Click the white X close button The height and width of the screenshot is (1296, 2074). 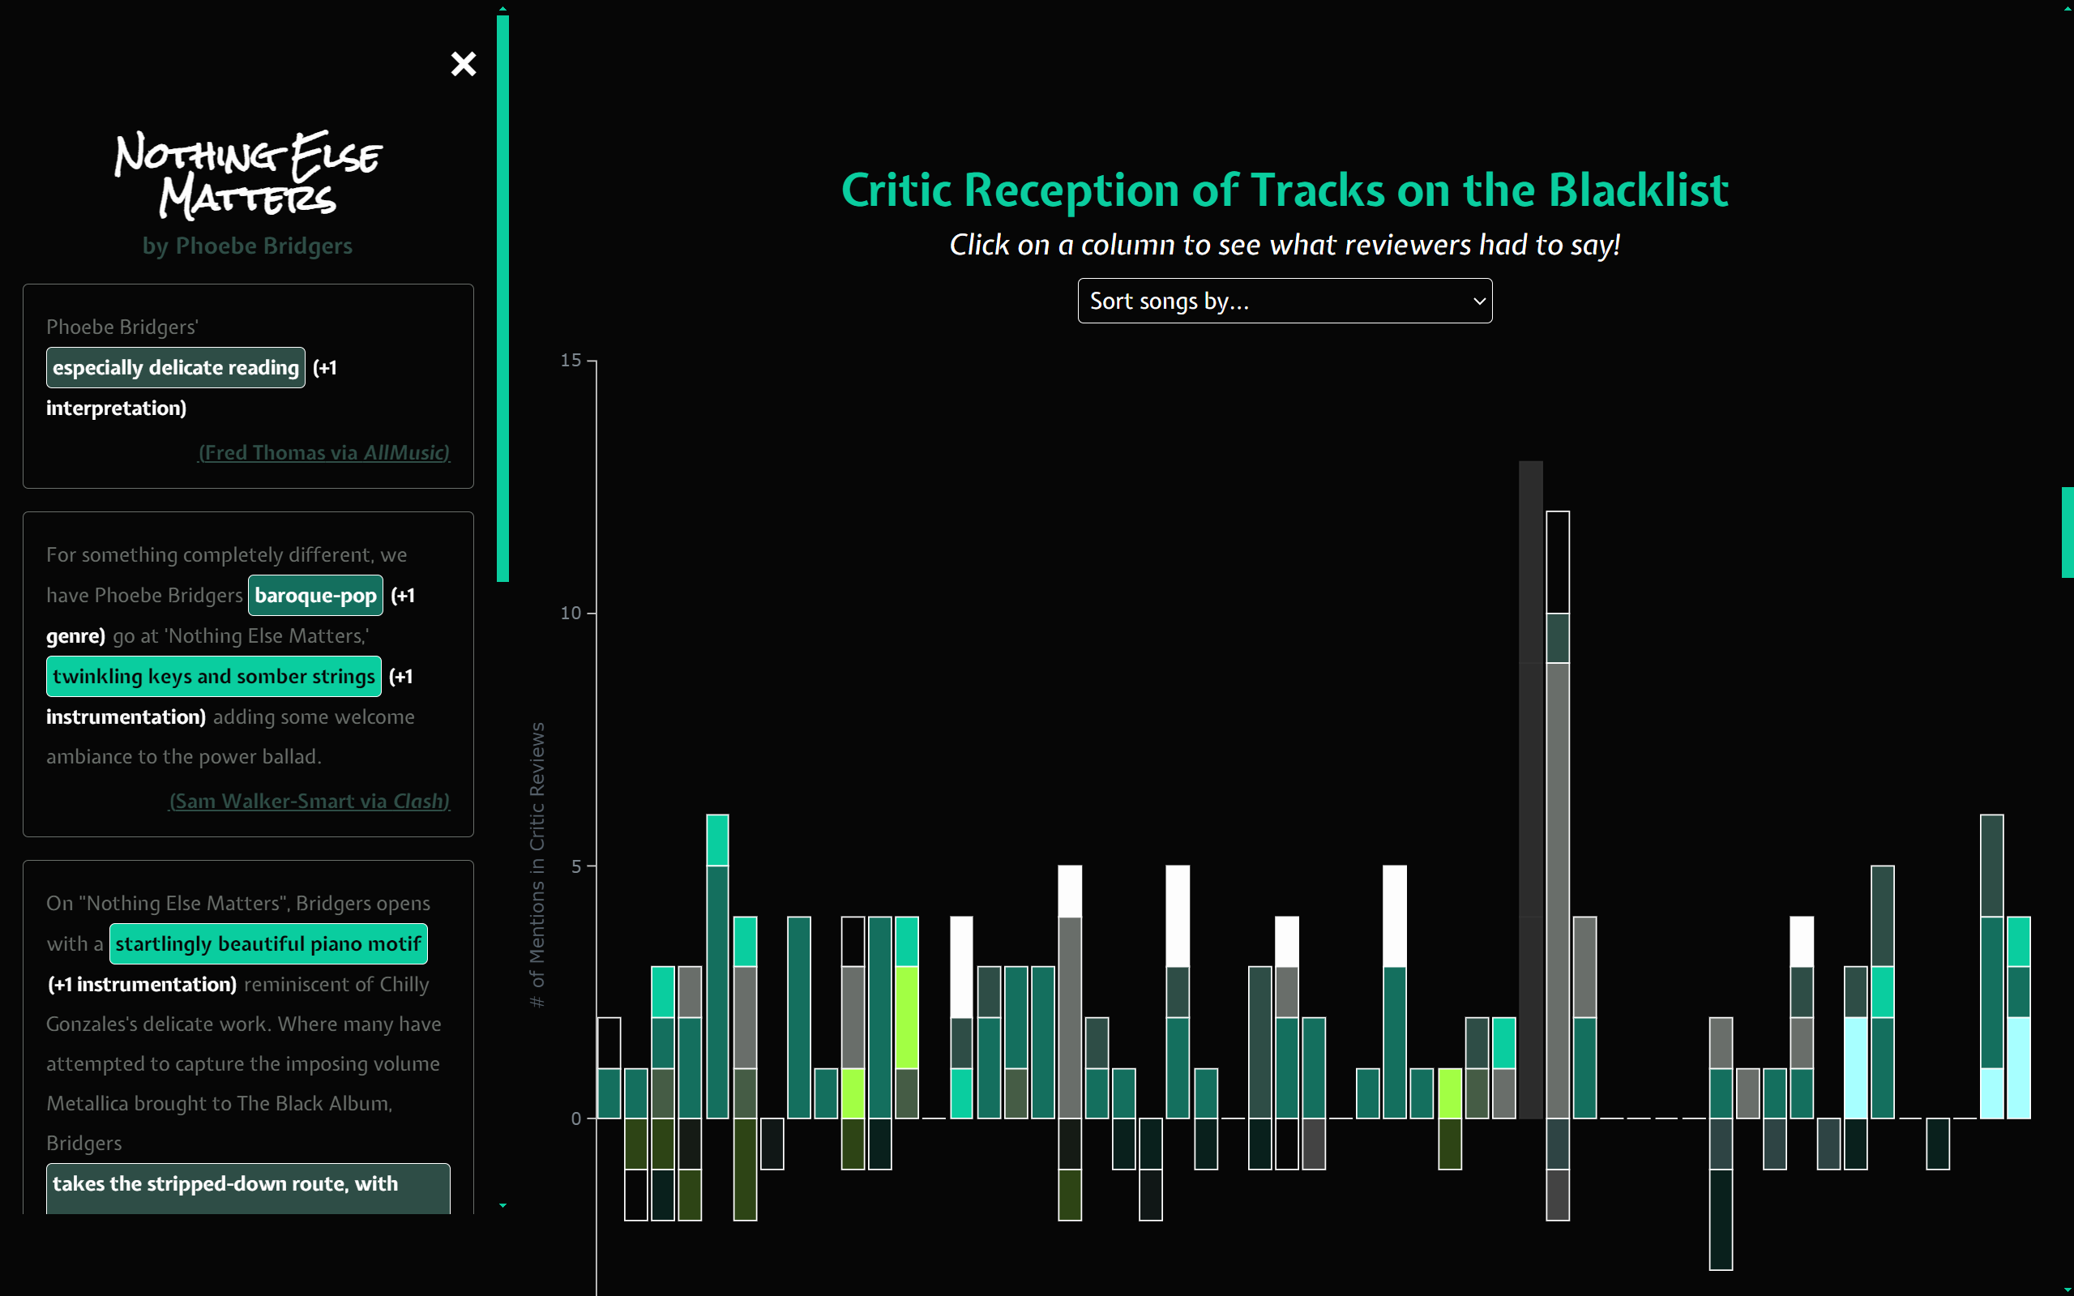(x=464, y=63)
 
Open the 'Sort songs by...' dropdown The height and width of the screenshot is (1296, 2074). (x=1285, y=301)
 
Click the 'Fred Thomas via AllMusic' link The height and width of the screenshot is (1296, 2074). (x=324, y=452)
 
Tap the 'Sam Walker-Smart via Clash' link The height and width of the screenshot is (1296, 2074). (x=310, y=801)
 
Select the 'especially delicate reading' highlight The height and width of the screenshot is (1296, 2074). (x=176, y=368)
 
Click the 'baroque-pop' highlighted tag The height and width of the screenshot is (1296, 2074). (x=315, y=596)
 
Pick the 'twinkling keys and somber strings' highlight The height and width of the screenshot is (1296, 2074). (x=213, y=676)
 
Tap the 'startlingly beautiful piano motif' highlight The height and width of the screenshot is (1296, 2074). (x=268, y=943)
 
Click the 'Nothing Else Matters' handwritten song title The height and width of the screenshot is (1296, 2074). (x=249, y=174)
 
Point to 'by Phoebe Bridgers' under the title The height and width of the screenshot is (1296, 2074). (x=248, y=246)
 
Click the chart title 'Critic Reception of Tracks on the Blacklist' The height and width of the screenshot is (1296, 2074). (x=1285, y=190)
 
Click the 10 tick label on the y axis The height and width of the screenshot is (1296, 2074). (x=571, y=613)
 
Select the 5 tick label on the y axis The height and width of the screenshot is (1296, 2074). (x=577, y=866)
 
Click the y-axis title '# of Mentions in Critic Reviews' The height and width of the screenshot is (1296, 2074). (x=537, y=865)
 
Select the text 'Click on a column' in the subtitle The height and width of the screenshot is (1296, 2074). (x=1078, y=245)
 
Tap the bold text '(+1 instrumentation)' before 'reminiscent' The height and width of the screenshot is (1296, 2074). (x=143, y=984)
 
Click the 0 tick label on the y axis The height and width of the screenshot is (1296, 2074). (x=577, y=1118)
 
